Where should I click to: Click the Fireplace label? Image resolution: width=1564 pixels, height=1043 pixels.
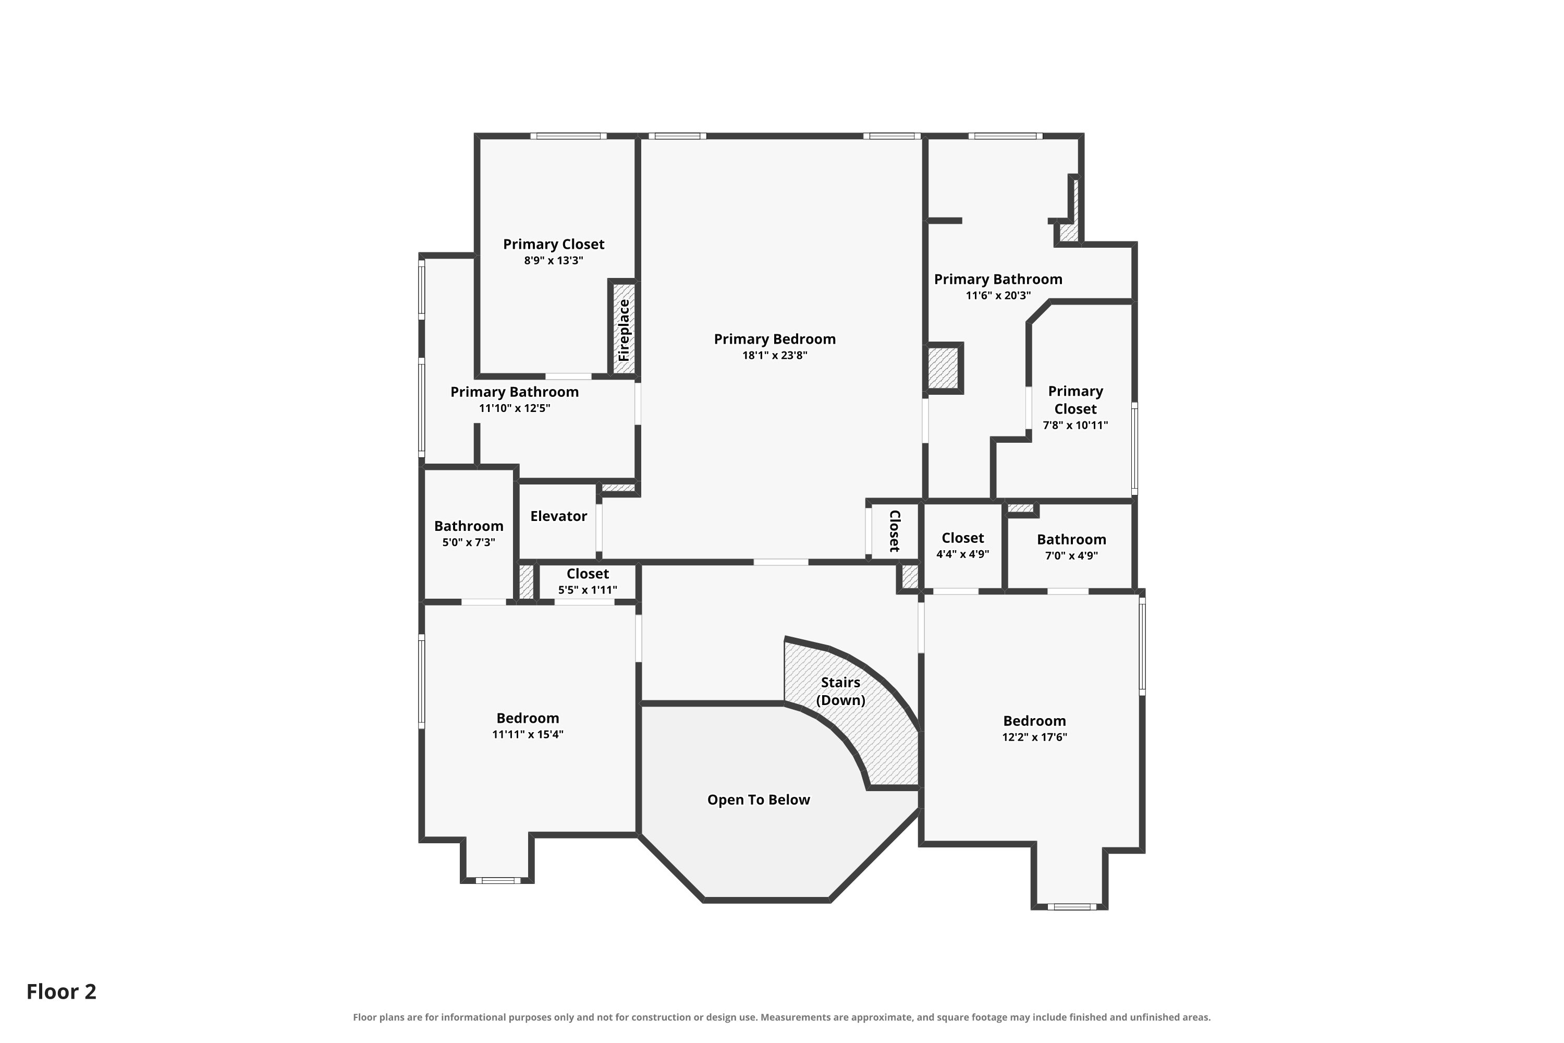[x=624, y=330]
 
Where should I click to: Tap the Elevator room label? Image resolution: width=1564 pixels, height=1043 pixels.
[x=558, y=516]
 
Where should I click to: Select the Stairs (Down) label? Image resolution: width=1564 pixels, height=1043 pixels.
[x=840, y=691]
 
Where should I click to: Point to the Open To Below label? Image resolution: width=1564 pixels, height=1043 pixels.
[x=759, y=799]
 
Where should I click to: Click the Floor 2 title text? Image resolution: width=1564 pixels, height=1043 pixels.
[x=61, y=991]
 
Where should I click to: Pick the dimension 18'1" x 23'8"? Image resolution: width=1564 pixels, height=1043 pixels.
[x=775, y=355]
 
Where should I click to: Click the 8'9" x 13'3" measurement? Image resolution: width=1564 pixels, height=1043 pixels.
[x=553, y=260]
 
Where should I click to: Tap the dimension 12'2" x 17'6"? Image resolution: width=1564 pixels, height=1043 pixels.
[x=1035, y=737]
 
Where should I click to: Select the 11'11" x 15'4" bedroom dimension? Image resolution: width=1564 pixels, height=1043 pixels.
[x=528, y=734]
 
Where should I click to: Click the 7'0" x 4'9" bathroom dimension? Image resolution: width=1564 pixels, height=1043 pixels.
[x=1071, y=555]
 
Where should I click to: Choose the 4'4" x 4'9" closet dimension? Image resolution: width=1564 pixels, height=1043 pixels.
[x=963, y=554]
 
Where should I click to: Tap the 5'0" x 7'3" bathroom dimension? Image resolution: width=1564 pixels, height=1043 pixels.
[x=469, y=542]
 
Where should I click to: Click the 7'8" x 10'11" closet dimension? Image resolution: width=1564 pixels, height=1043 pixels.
[x=1075, y=425]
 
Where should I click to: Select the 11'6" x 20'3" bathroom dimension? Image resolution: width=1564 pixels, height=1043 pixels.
[x=998, y=295]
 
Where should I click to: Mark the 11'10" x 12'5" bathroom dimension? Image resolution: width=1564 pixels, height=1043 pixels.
[x=515, y=408]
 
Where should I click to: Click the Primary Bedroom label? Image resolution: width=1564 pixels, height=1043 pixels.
[x=775, y=339]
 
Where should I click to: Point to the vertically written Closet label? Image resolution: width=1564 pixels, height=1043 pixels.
[x=895, y=531]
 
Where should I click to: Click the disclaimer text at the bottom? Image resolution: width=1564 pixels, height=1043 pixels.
[x=782, y=1017]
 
